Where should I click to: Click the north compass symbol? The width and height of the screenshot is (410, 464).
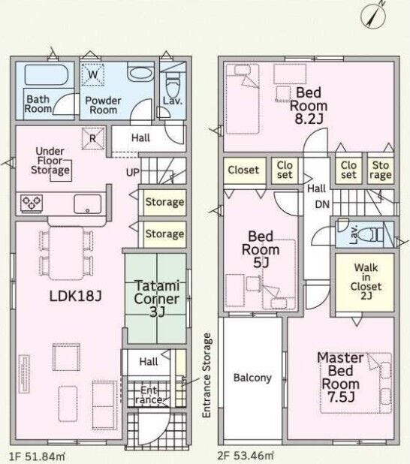point(374,14)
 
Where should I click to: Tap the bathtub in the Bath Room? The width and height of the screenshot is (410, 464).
point(47,75)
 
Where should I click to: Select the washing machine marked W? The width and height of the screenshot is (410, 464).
point(93,74)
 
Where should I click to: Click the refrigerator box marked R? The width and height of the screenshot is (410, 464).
point(93,138)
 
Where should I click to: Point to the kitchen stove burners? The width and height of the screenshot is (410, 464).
point(32,203)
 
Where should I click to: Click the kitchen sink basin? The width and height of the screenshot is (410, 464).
point(87,204)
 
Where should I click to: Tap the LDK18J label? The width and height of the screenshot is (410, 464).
point(76,296)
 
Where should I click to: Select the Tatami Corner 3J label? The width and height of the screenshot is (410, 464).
point(157,299)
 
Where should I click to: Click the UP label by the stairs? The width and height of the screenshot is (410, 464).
point(132,172)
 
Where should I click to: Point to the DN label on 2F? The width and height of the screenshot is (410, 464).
point(322,204)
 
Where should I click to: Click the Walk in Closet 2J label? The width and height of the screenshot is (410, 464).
point(366,282)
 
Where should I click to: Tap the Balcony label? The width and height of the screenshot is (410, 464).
point(252,378)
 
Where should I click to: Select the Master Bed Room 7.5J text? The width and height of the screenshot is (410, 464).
point(340,378)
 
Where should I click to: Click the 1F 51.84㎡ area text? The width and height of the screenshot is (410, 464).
point(37,456)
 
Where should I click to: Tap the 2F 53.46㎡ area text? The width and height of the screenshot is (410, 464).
point(246,456)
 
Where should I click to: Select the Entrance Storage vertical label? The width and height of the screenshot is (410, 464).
point(207,375)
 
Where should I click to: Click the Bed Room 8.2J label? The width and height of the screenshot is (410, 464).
point(309,106)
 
